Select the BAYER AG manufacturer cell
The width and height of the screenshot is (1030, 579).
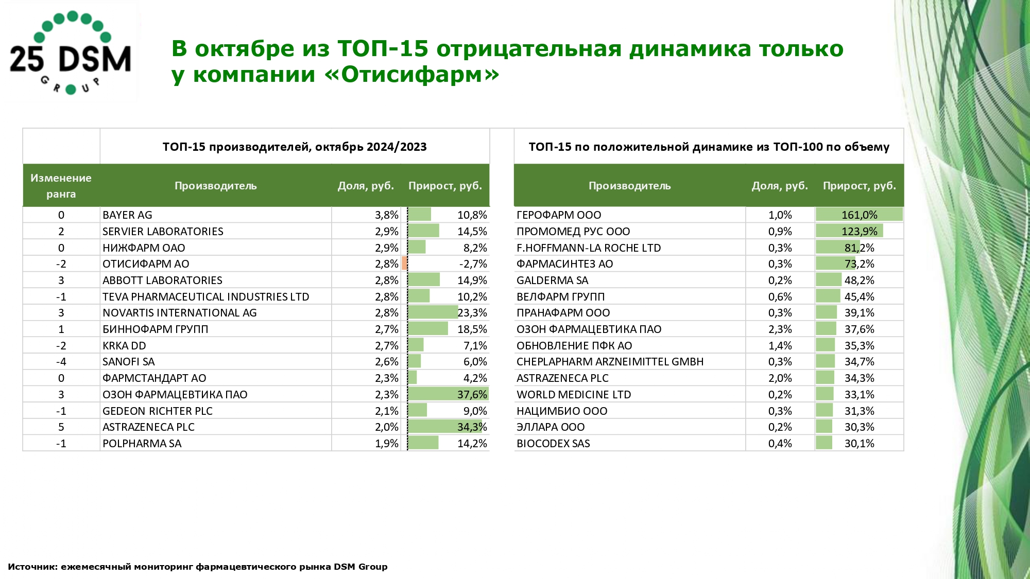pyautogui.click(x=128, y=215)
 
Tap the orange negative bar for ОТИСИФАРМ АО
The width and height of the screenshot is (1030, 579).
pyautogui.click(x=404, y=264)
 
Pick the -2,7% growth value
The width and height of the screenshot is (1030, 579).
pyautogui.click(x=473, y=264)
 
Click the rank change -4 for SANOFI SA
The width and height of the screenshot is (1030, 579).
pyautogui.click(x=61, y=362)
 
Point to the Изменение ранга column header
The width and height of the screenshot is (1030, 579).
pyautogui.click(x=61, y=186)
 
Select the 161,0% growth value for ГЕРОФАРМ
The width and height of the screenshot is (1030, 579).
pyautogui.click(x=859, y=215)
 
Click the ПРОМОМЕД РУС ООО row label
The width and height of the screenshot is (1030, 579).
pyautogui.click(x=573, y=232)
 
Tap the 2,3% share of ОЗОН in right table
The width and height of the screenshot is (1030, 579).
pyautogui.click(x=780, y=329)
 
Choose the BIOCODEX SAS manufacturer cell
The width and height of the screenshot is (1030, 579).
pyautogui.click(x=553, y=444)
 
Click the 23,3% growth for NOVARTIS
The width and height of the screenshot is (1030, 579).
pyautogui.click(x=472, y=313)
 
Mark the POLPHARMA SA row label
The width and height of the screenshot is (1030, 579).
pyautogui.click(x=142, y=444)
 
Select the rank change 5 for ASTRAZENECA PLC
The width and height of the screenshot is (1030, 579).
pyautogui.click(x=61, y=427)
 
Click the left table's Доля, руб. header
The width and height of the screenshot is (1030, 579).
pyautogui.click(x=366, y=186)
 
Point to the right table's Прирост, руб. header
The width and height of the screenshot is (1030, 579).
pyautogui.click(x=859, y=186)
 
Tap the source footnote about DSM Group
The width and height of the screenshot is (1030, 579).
pyautogui.click(x=198, y=567)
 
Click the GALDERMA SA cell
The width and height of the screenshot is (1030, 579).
pyautogui.click(x=552, y=280)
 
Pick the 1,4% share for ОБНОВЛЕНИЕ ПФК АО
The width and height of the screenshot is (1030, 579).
pyautogui.click(x=780, y=346)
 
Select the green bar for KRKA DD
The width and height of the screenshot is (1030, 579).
pyautogui.click(x=416, y=345)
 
